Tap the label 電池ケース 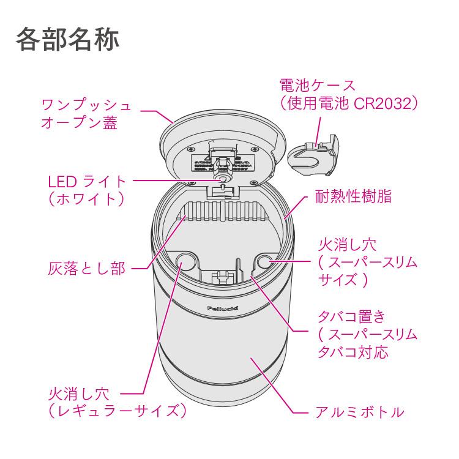pyautogui.click(x=316, y=85)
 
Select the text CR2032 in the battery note pyautogui.click(x=384, y=103)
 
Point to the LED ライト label pyautogui.click(x=86, y=182)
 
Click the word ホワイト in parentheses pyautogui.click(x=86, y=199)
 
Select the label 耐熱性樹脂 pyautogui.click(x=353, y=197)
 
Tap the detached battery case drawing pyautogui.click(x=313, y=155)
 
